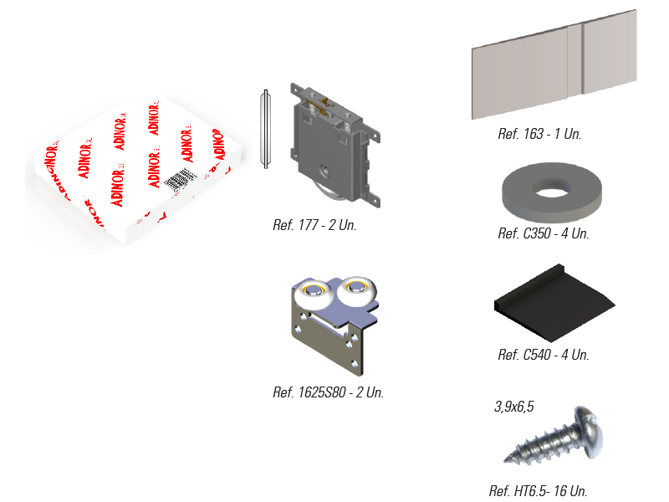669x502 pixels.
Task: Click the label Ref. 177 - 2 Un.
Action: pos(314,225)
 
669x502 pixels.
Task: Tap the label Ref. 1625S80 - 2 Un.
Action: pos(328,392)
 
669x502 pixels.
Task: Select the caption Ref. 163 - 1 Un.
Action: pos(539,134)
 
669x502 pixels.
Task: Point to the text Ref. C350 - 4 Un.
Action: pos(543,233)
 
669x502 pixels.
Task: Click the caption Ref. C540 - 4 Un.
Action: pos(543,355)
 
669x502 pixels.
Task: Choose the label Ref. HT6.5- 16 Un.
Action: pos(544,491)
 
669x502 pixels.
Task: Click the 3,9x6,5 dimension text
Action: pos(513,407)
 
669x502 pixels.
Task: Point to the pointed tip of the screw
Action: pos(509,459)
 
